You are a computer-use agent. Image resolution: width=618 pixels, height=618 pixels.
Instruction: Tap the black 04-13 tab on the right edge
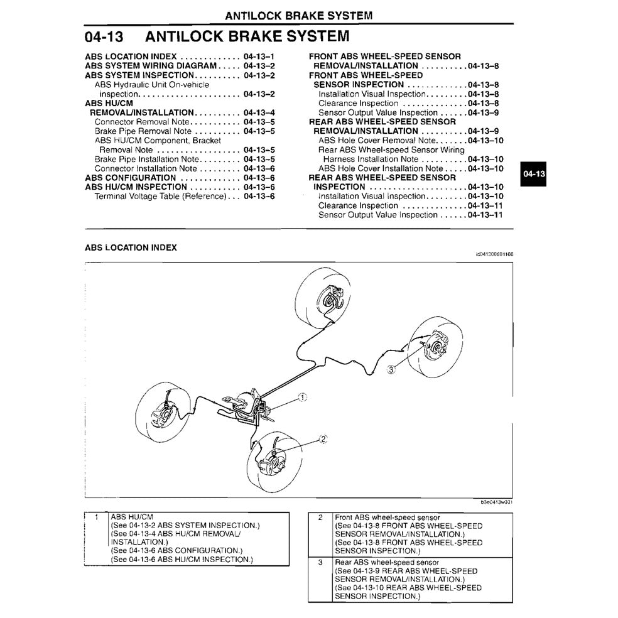click(x=534, y=174)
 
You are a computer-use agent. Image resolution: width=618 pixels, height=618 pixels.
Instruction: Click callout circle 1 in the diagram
click(x=302, y=397)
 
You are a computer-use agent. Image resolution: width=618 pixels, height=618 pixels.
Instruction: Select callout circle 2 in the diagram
click(x=323, y=439)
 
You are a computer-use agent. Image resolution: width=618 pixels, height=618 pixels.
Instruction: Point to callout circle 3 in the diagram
click(x=391, y=369)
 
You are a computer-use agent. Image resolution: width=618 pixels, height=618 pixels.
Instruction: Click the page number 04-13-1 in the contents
click(x=259, y=56)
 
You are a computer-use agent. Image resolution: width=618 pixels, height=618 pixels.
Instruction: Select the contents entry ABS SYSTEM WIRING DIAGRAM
click(x=151, y=65)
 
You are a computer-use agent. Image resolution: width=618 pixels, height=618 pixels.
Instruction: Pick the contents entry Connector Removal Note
click(x=141, y=122)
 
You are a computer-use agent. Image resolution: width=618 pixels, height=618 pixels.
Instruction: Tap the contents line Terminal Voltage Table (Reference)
click(x=160, y=197)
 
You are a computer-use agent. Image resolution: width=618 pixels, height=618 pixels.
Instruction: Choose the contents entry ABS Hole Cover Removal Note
click(x=377, y=141)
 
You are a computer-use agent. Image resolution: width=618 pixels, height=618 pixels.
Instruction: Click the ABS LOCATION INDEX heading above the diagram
click(x=131, y=247)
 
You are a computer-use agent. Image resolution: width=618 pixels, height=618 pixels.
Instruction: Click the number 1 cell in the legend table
click(x=96, y=518)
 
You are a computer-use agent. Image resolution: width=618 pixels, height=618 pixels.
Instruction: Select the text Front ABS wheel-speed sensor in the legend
click(x=388, y=518)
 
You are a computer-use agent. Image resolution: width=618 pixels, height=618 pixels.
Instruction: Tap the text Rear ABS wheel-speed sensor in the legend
click(x=387, y=563)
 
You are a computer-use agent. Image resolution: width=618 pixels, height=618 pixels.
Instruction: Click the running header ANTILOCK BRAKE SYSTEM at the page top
click(x=298, y=15)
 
